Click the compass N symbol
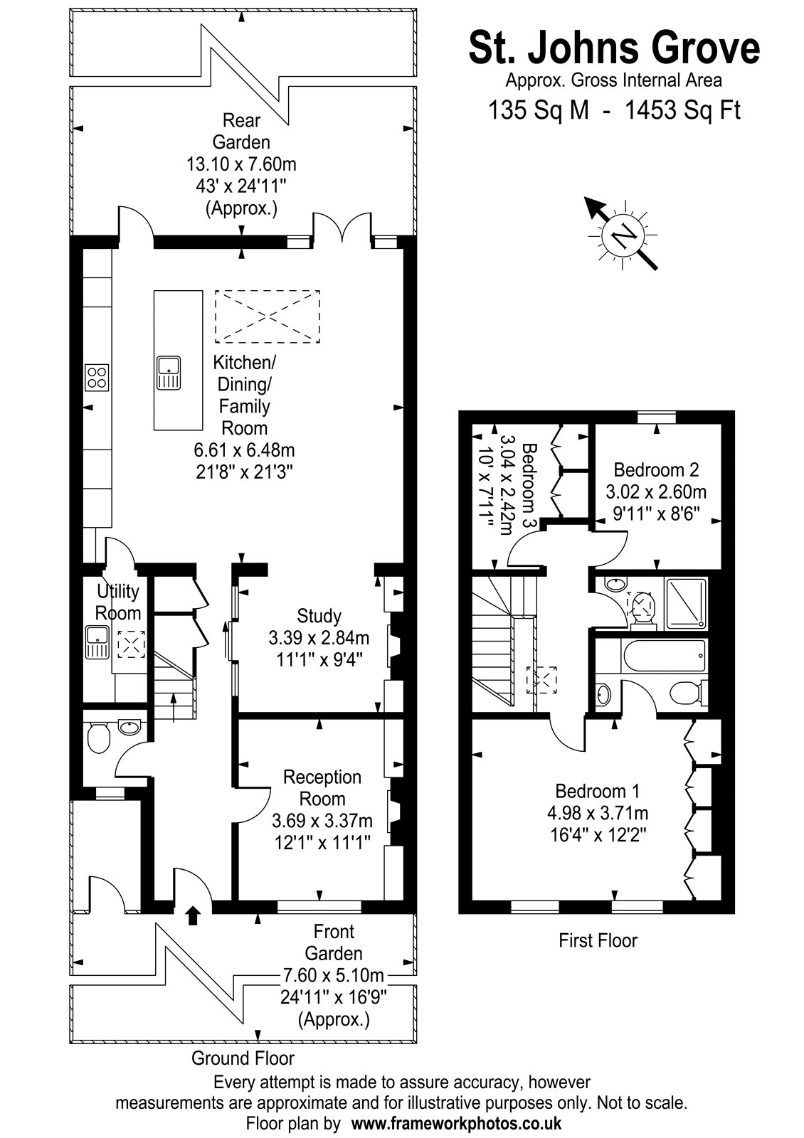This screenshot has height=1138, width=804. point(623,235)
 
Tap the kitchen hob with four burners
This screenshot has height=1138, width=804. point(97,378)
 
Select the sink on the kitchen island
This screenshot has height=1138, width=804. point(168,373)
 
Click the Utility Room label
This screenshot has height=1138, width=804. point(118,602)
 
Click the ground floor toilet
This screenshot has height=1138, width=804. point(98,737)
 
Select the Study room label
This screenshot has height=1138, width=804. point(319,616)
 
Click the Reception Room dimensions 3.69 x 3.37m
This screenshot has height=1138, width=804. point(322,821)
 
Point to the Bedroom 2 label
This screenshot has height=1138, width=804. point(656,469)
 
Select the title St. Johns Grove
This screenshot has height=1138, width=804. point(614,49)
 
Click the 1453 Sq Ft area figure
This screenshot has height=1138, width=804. point(682,110)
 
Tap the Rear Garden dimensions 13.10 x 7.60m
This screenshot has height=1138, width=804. point(241,164)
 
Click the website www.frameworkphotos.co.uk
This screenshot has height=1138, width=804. point(456,1123)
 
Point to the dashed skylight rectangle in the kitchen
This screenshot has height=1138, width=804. point(268,316)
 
